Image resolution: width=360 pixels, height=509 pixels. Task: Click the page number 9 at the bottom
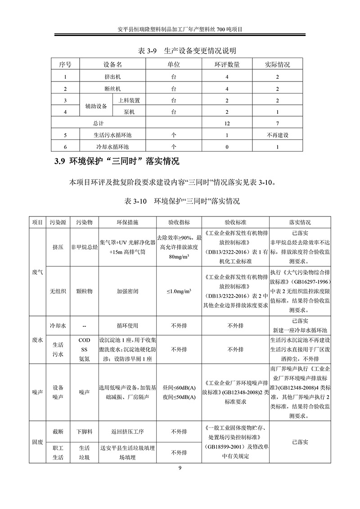(x=180, y=468)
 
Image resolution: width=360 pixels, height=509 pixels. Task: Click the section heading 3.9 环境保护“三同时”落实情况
(x=117, y=161)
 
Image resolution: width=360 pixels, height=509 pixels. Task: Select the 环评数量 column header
(x=227, y=65)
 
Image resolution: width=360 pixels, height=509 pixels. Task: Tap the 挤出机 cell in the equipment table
(x=112, y=77)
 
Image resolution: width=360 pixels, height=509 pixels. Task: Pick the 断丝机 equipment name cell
(x=112, y=89)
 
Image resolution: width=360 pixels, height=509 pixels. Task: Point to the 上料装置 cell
(x=129, y=100)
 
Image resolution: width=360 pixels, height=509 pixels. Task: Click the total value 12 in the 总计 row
(x=227, y=123)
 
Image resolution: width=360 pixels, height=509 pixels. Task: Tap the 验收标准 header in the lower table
(x=235, y=222)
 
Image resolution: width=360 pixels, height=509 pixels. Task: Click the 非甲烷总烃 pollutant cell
(x=84, y=247)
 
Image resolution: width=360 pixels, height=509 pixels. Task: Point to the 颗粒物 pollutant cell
(x=84, y=291)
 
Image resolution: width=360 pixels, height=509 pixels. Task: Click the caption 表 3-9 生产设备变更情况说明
(x=180, y=50)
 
